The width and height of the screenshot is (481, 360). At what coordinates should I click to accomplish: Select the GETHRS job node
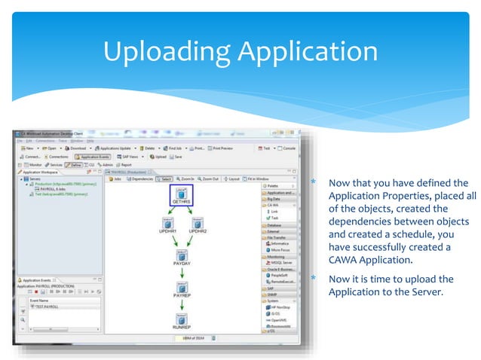182,195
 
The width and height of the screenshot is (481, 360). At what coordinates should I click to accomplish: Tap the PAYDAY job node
182,257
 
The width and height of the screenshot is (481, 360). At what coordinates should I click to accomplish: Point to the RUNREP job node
182,319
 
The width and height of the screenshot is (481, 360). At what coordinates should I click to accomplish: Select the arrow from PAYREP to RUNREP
182,305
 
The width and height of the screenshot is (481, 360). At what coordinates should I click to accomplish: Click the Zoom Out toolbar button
210,179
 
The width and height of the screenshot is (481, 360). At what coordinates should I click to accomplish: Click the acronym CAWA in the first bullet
344,261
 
